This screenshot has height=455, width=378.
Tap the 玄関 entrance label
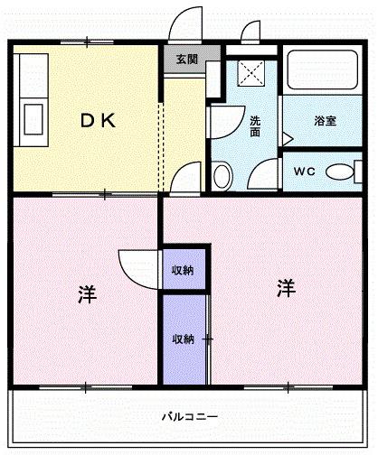(x=186, y=60)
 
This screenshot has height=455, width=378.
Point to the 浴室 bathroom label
(x=326, y=120)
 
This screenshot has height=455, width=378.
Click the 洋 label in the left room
(x=87, y=294)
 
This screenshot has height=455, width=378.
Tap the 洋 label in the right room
(x=286, y=289)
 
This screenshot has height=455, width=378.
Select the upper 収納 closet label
(x=184, y=269)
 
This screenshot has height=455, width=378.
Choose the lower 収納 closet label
(x=184, y=339)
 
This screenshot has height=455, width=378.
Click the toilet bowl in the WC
(x=339, y=172)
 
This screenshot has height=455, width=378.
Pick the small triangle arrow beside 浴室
(x=287, y=139)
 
